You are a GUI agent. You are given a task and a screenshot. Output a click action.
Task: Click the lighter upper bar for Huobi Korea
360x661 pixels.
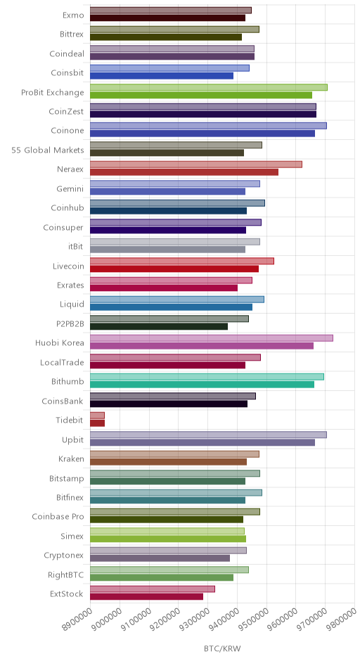coord(212,338)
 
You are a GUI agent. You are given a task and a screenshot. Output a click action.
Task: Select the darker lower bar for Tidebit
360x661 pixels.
coord(97,423)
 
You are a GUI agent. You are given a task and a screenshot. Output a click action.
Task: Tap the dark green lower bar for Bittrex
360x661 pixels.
coord(166,37)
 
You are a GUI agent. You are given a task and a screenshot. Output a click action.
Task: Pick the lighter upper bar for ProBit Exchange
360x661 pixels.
coord(209,87)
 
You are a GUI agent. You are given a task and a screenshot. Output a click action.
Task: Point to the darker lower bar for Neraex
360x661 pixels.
coord(184,172)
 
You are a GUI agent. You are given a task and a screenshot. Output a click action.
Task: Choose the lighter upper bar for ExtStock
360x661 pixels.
coord(153,589)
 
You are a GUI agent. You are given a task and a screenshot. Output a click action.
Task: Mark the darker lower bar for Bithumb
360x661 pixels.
coord(202,385)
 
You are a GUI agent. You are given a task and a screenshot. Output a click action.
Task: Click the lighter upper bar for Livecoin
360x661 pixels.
coord(182,261)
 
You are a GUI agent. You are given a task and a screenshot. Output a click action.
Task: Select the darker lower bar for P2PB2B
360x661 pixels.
coord(159,326)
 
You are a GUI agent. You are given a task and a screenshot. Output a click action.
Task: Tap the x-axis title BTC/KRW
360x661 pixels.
coord(222,648)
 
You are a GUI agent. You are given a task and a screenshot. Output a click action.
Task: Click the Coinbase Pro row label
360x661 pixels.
coord(58,516)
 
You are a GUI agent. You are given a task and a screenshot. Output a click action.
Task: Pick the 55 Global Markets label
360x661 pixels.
coord(48,150)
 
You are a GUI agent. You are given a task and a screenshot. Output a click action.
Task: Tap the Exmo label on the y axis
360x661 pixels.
coord(73,15)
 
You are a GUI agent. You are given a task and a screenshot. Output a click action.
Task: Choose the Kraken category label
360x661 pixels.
coord(71,458)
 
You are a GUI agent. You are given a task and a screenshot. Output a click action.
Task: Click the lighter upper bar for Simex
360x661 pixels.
coord(167,531)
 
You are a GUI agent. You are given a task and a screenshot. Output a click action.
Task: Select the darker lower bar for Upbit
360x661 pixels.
coord(202,442)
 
